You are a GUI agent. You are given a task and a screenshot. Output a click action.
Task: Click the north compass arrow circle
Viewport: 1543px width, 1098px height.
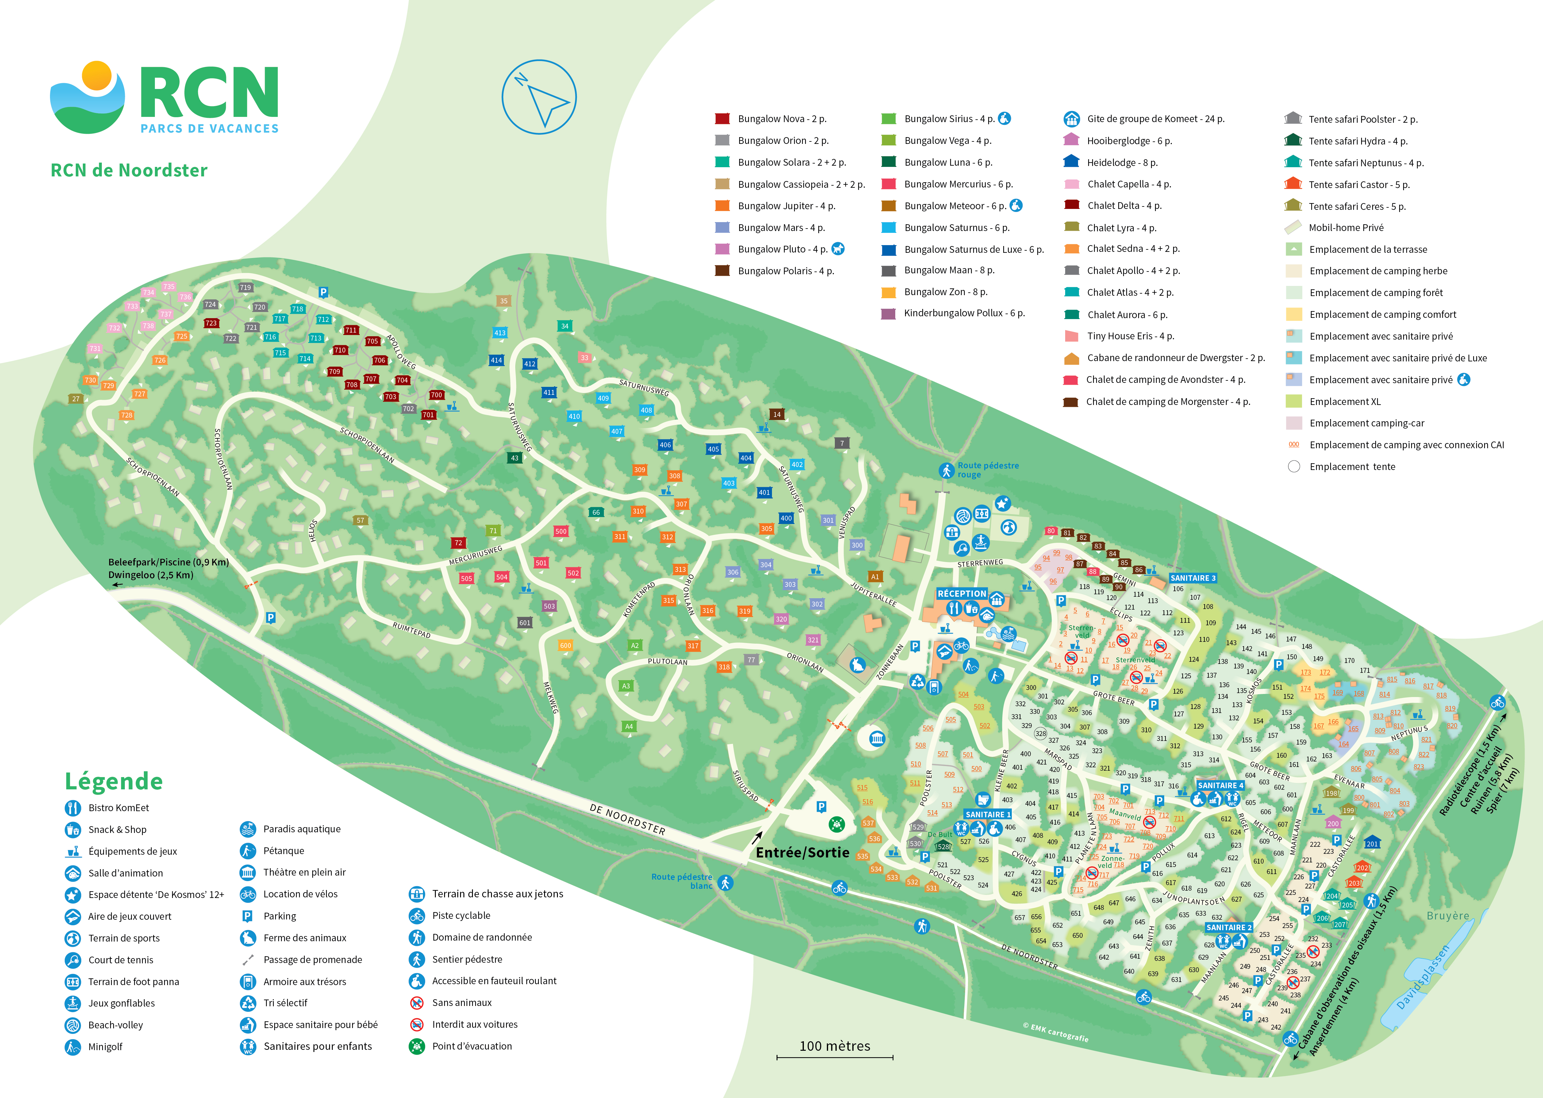[x=539, y=97]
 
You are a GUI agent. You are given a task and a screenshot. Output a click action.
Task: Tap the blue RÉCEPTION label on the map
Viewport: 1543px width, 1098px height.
[x=961, y=594]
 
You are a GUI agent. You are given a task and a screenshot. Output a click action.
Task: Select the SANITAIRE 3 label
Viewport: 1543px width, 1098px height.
[x=1193, y=578]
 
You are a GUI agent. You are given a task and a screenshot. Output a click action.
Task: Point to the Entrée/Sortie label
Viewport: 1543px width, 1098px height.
[x=802, y=853]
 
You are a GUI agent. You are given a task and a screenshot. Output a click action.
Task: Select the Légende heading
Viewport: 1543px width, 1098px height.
[x=113, y=782]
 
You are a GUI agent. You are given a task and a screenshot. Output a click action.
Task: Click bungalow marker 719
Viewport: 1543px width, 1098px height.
[x=245, y=287]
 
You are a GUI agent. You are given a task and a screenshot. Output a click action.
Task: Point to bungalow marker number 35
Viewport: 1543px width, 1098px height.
[x=504, y=301]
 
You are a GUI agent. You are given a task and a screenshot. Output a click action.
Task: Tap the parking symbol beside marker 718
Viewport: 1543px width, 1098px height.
[x=323, y=292]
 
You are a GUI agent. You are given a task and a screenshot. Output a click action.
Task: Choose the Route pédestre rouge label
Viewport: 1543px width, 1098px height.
[x=988, y=470]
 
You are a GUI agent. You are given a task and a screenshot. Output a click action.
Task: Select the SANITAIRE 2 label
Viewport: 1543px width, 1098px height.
[x=1229, y=928]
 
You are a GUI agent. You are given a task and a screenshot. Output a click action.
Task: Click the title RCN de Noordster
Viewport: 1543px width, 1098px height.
[x=129, y=170]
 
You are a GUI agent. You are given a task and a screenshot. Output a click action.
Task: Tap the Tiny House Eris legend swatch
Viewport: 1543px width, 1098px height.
[x=1071, y=336]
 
